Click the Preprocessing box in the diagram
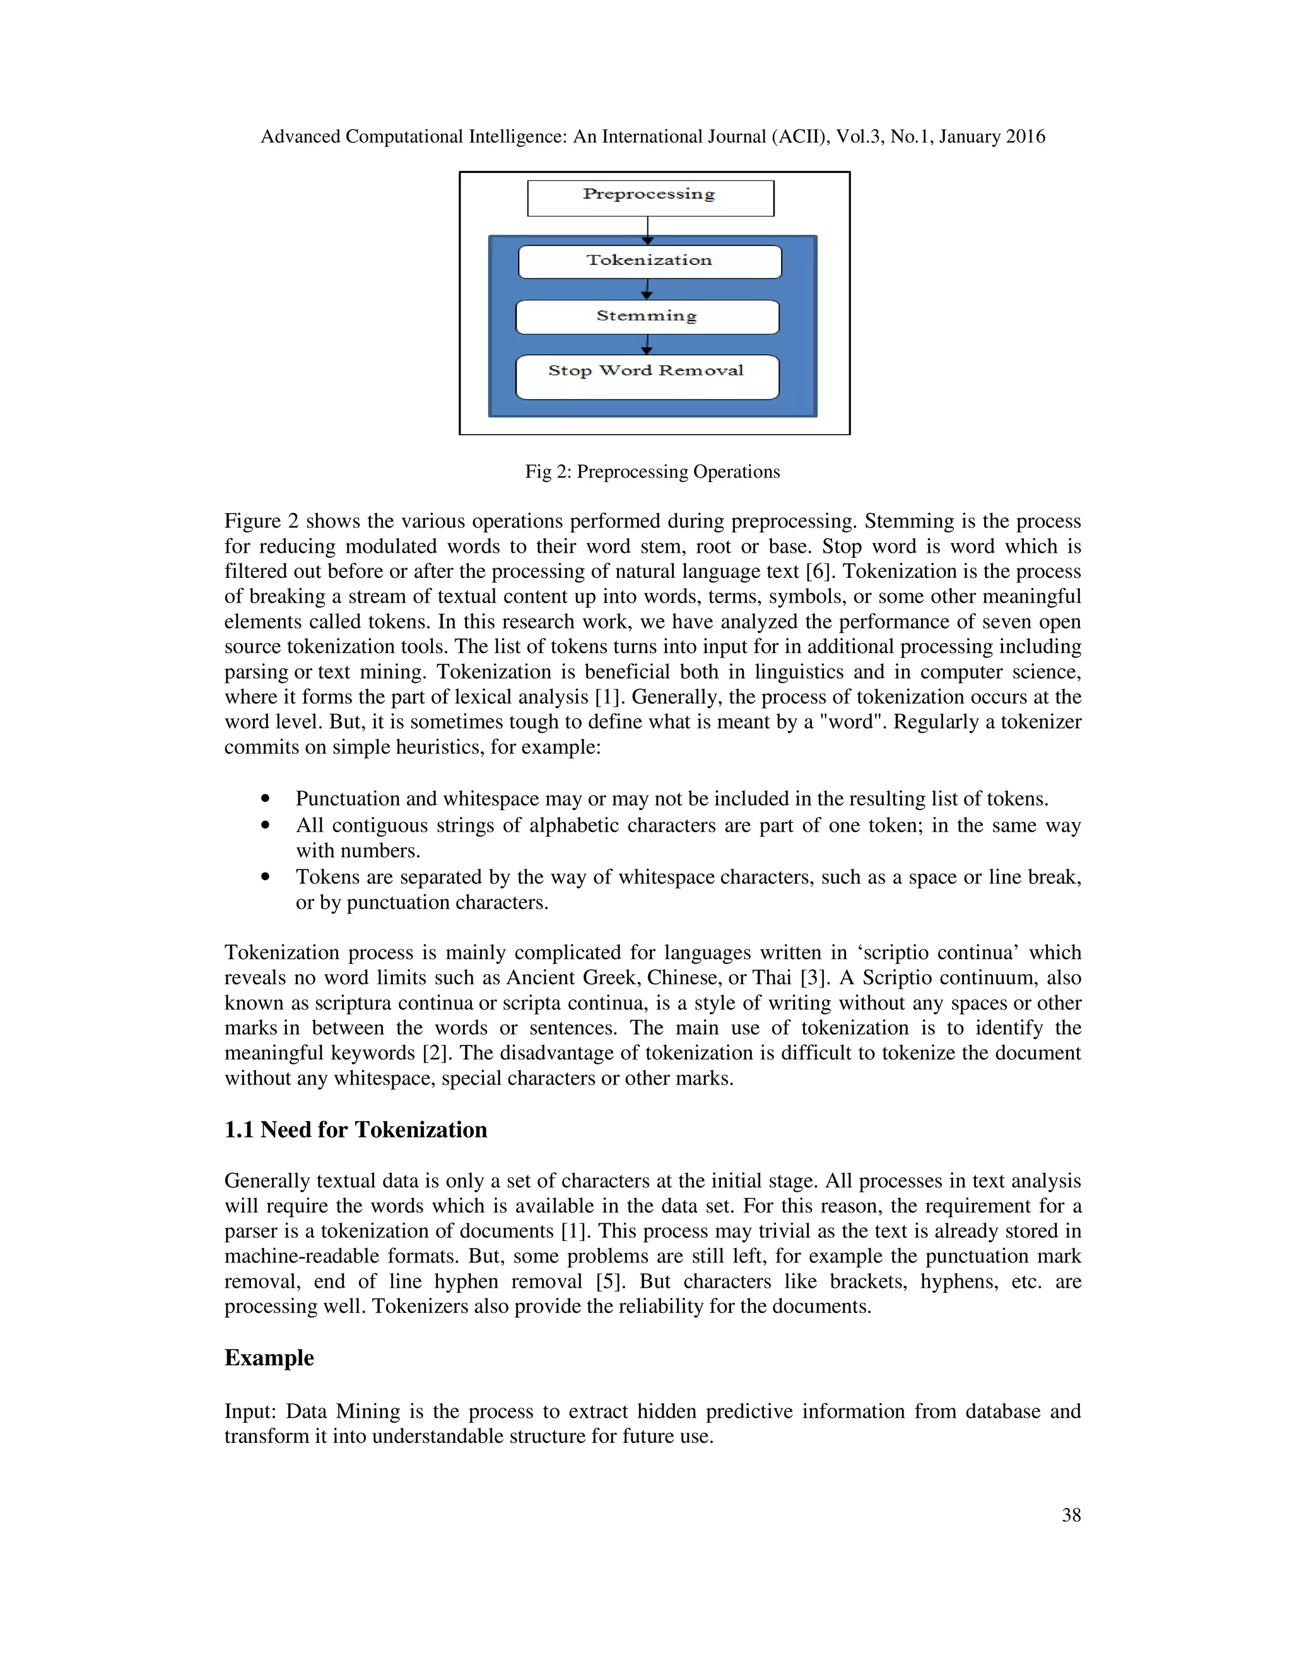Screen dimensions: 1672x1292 [x=650, y=198]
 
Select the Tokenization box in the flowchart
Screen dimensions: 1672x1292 [x=650, y=262]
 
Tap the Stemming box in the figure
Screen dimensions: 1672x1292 [x=647, y=317]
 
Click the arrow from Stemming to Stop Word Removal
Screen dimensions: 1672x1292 [x=647, y=344]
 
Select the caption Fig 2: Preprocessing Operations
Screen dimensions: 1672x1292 [x=652, y=471]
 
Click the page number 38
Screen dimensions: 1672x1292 [x=1071, y=1515]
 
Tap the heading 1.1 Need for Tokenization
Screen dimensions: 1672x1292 [x=355, y=1129]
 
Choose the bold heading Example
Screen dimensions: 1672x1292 [x=269, y=1357]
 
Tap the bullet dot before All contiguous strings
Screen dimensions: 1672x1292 [x=266, y=825]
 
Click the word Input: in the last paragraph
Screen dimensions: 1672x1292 [x=250, y=1411]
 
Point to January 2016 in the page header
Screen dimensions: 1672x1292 [x=991, y=136]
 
